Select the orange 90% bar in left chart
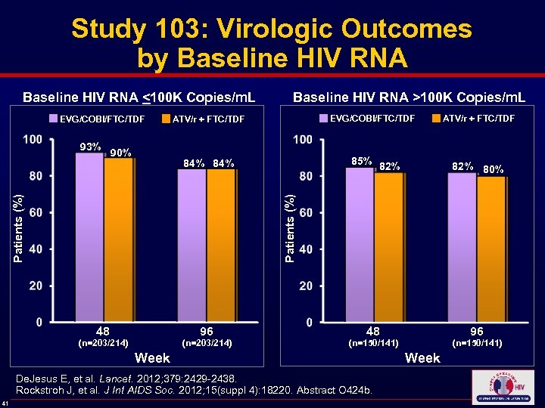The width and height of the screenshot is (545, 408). click(x=118, y=240)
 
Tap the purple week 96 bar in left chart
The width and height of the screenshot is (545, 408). click(x=192, y=246)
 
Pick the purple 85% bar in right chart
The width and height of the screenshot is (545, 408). click(x=360, y=245)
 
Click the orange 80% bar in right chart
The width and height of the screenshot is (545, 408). click(x=491, y=249)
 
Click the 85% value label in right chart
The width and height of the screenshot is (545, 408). click(x=361, y=161)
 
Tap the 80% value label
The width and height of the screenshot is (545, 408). click(x=494, y=169)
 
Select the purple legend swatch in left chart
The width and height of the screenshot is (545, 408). click(x=54, y=119)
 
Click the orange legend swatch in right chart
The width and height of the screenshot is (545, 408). click(x=436, y=118)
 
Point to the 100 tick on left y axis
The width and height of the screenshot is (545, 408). click(x=33, y=140)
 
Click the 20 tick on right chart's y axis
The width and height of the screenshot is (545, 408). click(x=304, y=286)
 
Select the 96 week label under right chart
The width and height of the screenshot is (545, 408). click(x=476, y=331)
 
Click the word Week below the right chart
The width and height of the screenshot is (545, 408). click(x=422, y=357)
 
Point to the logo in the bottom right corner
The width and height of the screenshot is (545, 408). click(x=502, y=387)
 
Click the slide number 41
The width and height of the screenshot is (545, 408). click(x=5, y=401)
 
